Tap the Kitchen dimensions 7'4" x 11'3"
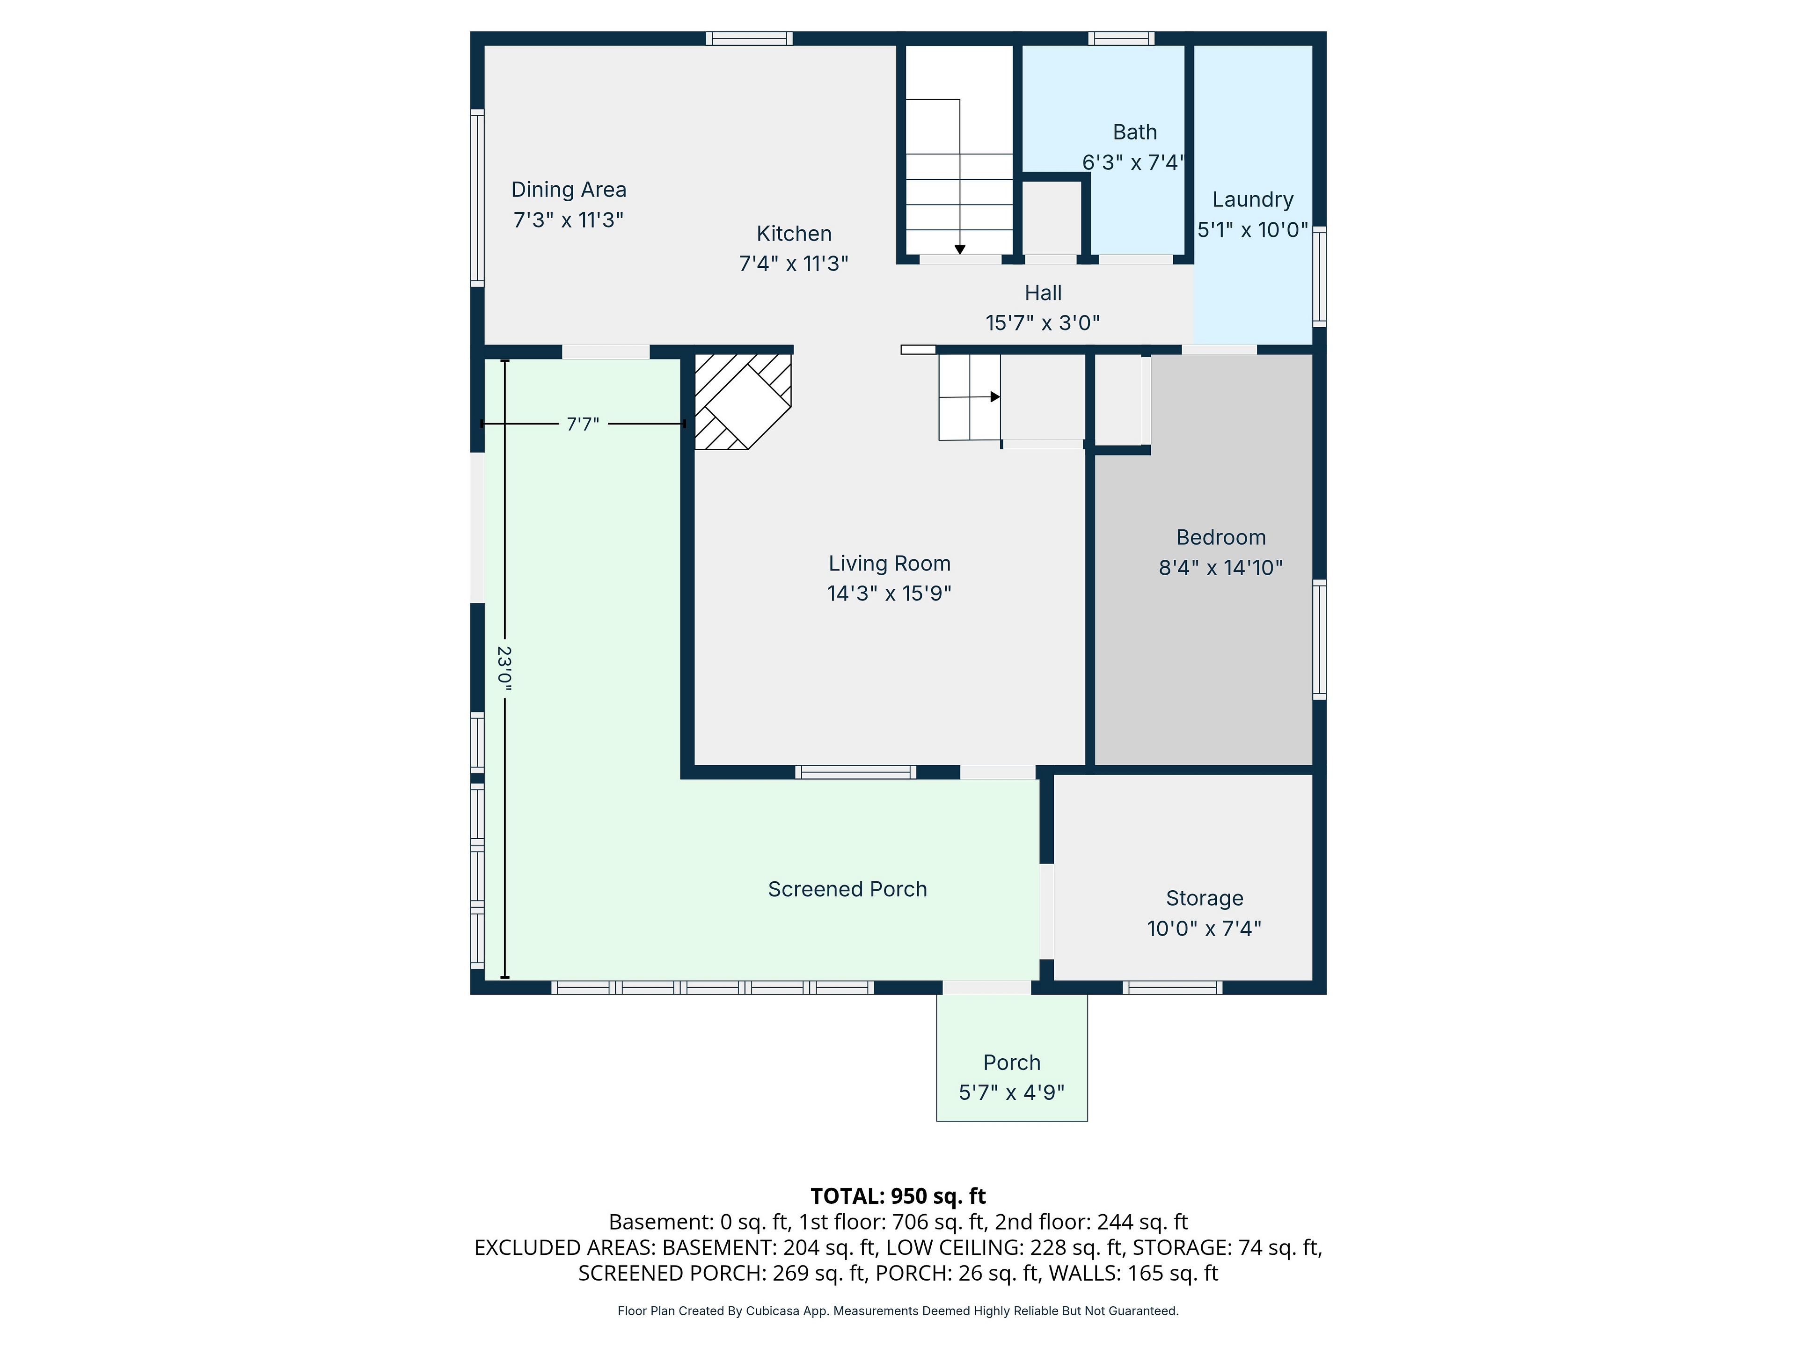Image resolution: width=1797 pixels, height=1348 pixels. pos(794,263)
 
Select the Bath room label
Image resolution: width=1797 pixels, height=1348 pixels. pos(1135,132)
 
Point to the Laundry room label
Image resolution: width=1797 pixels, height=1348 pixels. pos(1253,200)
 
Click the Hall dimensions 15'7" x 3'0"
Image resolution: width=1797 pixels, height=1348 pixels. pos(1043,322)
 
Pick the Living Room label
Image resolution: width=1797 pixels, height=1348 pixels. pos(890,563)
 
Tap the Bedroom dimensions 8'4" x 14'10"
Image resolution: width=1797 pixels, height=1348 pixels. pos(1221,567)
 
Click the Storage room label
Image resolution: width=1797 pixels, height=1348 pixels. pos(1205,898)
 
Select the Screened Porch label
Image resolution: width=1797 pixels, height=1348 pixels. pos(847,889)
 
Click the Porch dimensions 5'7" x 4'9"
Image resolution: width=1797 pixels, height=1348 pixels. pos(1011,1092)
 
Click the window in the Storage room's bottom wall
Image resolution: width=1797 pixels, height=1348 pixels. pos(1172,987)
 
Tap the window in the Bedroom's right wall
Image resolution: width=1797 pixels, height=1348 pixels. pos(1319,639)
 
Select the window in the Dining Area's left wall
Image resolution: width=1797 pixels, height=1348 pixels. pos(478,198)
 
